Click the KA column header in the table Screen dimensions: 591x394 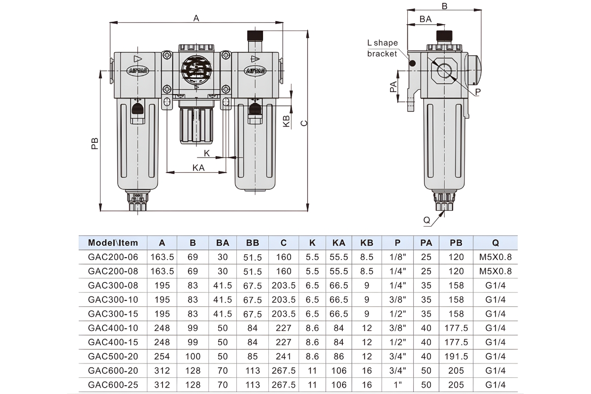point(339,243)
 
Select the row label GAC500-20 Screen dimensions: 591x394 point(113,356)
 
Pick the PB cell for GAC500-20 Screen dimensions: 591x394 point(456,356)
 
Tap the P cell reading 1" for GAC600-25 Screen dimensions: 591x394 point(397,385)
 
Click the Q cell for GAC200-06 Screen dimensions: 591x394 point(495,257)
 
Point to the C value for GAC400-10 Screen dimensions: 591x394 point(283,328)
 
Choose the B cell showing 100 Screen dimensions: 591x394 point(193,356)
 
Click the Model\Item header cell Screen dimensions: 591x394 point(113,243)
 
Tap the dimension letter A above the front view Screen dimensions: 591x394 point(196,18)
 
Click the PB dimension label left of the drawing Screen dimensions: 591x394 point(95,143)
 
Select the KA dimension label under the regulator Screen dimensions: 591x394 point(198,168)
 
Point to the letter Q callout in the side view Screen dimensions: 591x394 point(427,220)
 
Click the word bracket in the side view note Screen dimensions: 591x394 point(382,54)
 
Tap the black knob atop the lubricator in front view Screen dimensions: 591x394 point(255,35)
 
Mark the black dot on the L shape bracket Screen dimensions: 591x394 point(412,64)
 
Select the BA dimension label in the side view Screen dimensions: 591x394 point(426,19)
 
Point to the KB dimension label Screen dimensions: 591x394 point(286,121)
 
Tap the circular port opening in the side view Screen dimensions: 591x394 point(444,71)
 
